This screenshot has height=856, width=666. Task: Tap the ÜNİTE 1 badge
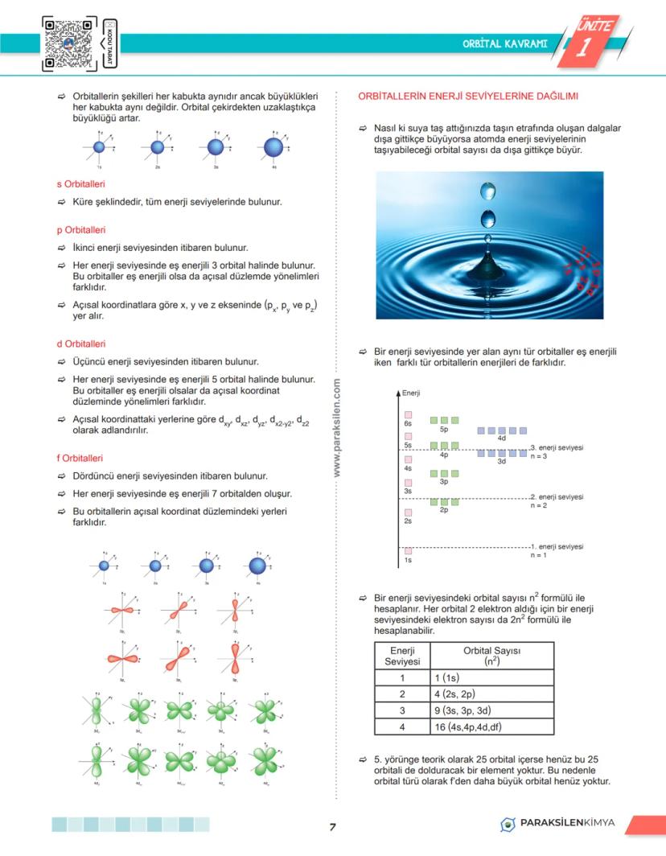[x=592, y=39]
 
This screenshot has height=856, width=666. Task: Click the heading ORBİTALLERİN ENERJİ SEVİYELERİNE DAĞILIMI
[x=468, y=97]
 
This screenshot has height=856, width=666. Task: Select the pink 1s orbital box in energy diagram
[x=408, y=550]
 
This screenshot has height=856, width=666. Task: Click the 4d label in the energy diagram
[x=501, y=438]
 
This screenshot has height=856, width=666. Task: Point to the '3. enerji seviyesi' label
[x=557, y=447]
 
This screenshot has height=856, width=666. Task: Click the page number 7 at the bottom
[x=332, y=827]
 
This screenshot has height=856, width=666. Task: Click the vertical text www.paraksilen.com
[x=337, y=430]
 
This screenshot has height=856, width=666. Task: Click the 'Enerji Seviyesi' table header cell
[x=401, y=655]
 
